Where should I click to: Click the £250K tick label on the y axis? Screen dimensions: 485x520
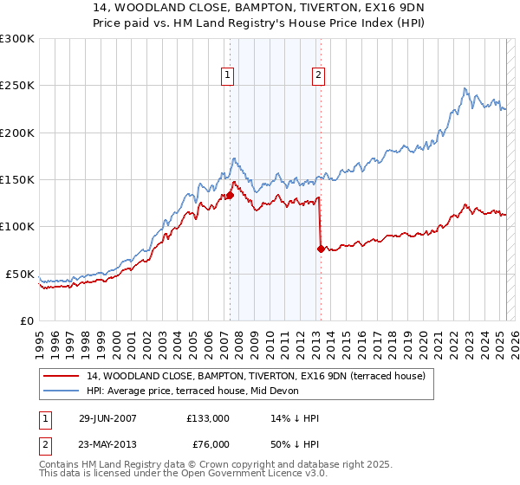point(17,86)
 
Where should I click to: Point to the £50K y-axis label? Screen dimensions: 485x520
point(20,274)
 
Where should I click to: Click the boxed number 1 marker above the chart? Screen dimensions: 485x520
point(227,75)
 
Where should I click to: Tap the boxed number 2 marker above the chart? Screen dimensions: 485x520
point(318,75)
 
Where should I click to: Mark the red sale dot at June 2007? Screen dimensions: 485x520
point(231,196)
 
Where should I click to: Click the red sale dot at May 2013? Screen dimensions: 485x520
point(321,249)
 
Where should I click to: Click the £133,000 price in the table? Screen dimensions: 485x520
point(208,418)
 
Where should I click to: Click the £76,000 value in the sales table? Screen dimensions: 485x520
point(208,443)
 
